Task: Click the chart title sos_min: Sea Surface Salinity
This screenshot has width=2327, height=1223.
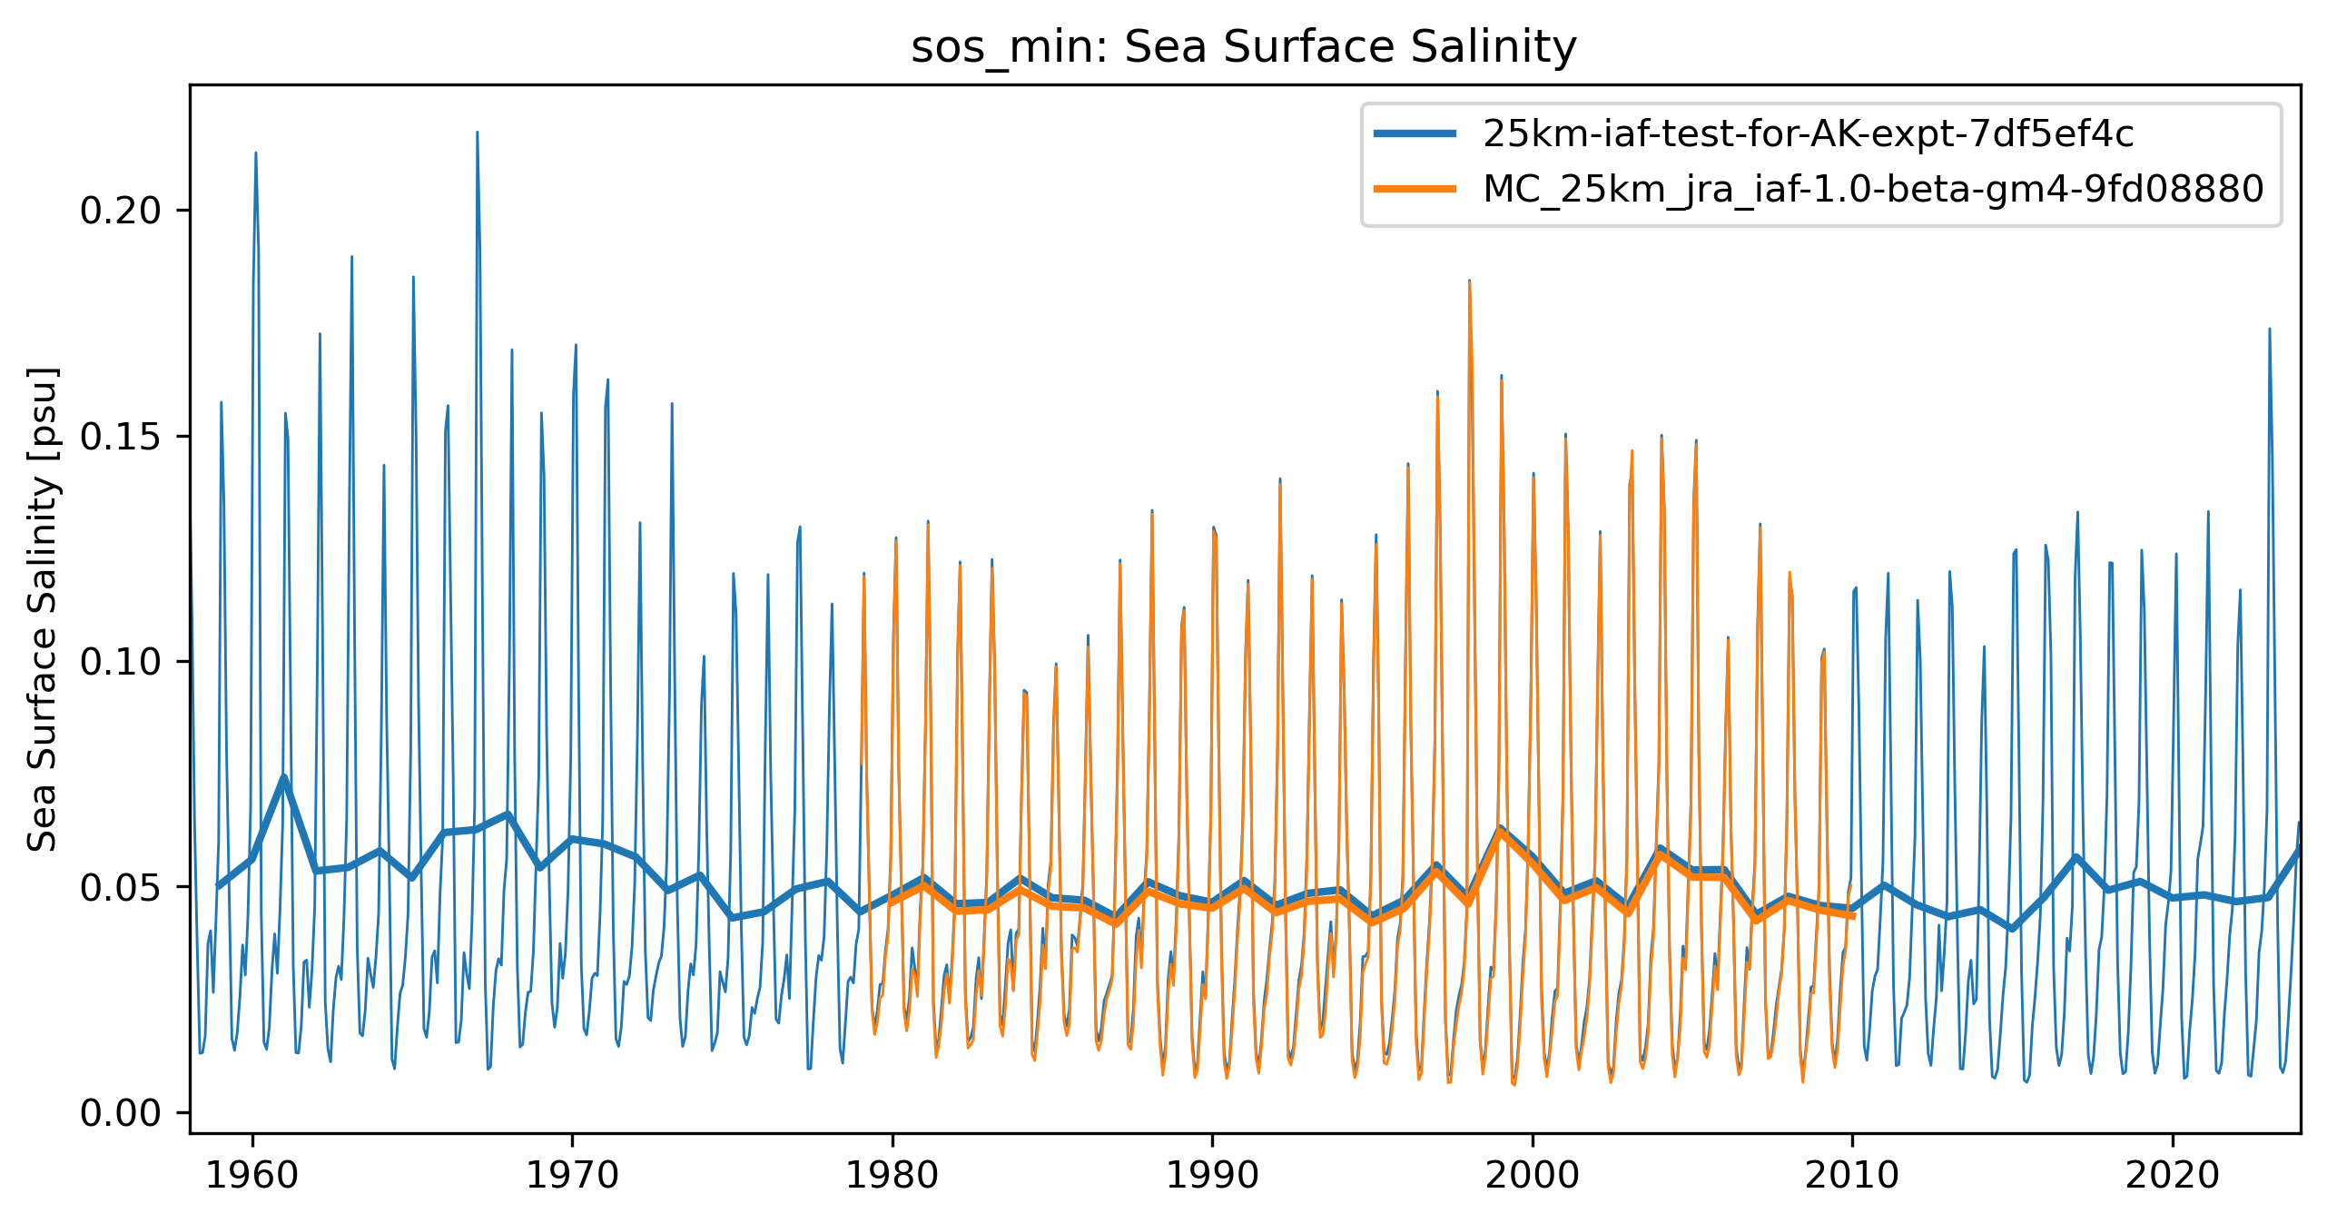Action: point(1244,47)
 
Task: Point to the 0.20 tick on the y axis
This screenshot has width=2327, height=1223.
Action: point(121,211)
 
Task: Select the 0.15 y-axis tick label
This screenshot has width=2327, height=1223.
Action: point(121,437)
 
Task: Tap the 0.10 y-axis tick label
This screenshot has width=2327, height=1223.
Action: point(121,662)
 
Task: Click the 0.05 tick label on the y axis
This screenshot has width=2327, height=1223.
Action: point(121,887)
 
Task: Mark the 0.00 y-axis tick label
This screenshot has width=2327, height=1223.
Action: point(121,1113)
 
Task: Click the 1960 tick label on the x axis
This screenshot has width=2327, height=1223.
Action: point(252,1176)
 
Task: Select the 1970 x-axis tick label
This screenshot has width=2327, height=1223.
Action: point(572,1176)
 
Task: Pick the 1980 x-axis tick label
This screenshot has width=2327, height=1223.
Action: point(892,1176)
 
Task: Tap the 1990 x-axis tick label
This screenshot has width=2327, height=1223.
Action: point(1212,1176)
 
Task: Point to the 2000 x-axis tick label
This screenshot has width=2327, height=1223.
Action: point(1533,1176)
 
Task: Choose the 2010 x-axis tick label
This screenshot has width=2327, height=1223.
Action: point(1852,1176)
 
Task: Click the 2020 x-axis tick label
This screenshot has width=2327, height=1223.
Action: point(2173,1176)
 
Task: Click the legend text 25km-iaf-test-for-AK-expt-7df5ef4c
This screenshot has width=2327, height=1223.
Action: point(1808,134)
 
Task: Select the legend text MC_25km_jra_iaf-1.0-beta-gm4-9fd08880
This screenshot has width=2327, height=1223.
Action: point(1873,189)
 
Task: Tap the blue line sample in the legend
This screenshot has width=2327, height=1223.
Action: point(1415,134)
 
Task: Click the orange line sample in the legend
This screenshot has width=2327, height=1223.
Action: point(1415,189)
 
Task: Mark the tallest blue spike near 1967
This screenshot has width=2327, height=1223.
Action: point(478,133)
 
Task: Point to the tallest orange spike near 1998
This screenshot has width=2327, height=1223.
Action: point(1469,283)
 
